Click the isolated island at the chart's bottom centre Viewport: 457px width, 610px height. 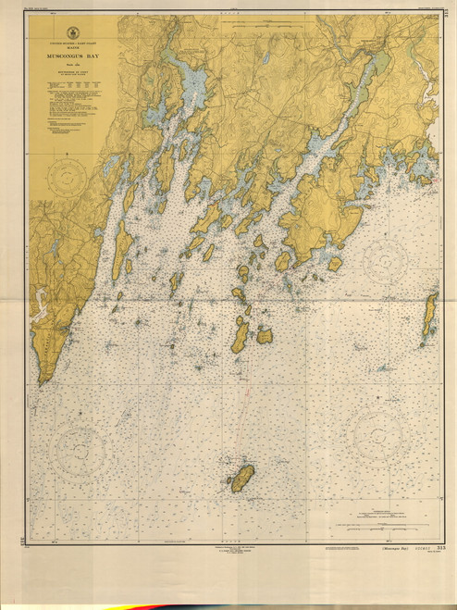click(x=241, y=478)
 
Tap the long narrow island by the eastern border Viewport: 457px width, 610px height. click(x=429, y=316)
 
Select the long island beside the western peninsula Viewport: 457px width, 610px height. click(x=121, y=250)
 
